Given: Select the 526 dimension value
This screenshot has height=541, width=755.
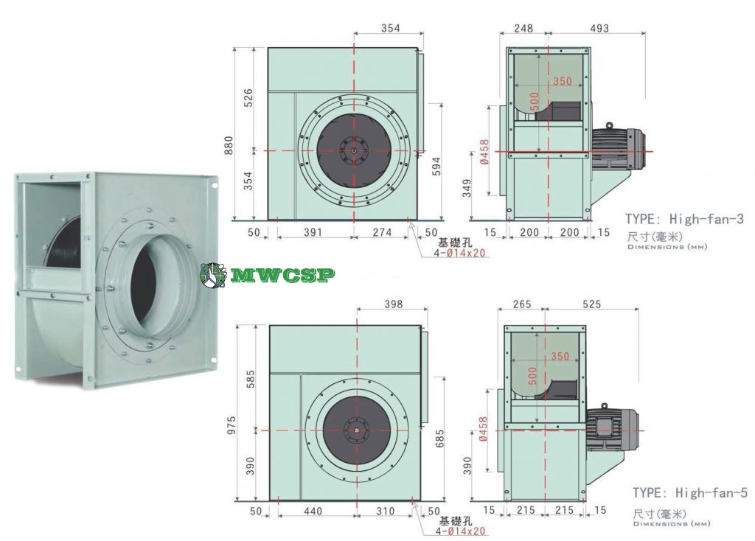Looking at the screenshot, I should pyautogui.click(x=248, y=99).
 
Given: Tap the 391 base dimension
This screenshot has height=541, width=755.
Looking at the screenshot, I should pyautogui.click(x=313, y=232).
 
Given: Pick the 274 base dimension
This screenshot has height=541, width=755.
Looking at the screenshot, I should pyautogui.click(x=380, y=232).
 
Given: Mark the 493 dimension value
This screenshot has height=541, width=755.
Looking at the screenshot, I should pyautogui.click(x=599, y=29).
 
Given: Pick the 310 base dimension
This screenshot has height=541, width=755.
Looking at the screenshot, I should pyautogui.click(x=385, y=510).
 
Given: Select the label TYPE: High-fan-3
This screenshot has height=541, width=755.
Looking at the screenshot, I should pyautogui.click(x=683, y=219).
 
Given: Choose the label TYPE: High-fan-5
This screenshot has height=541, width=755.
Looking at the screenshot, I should pyautogui.click(x=690, y=492).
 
